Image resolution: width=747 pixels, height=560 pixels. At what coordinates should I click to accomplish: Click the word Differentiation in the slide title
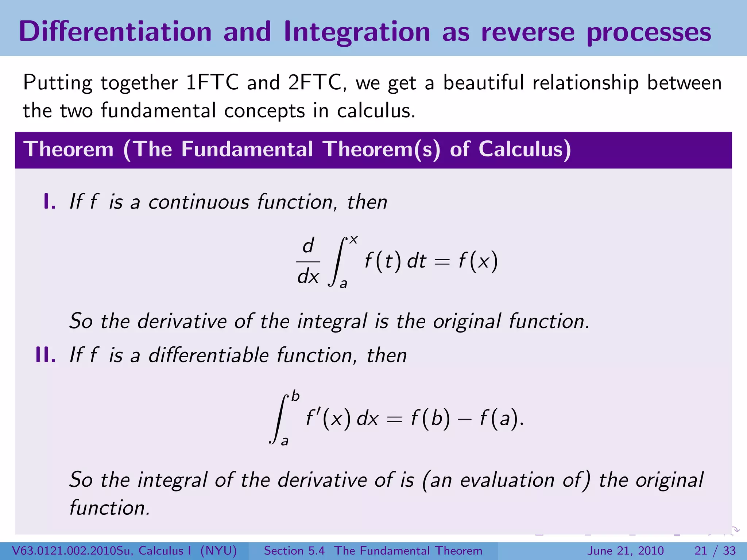tap(115, 32)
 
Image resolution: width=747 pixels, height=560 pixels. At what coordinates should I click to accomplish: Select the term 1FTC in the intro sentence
tap(212, 82)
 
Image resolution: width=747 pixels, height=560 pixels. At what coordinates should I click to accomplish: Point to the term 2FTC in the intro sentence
tap(314, 82)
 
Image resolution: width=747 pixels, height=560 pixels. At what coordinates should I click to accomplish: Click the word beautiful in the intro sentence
tap(483, 82)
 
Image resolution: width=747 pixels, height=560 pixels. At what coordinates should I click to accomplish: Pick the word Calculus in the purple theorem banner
tap(525, 149)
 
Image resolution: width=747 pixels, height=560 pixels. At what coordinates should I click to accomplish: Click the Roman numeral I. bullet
tap(49, 202)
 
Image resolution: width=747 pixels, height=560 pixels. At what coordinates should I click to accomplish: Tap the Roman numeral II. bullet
tap(46, 355)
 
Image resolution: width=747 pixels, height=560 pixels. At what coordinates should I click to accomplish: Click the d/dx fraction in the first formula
tap(308, 261)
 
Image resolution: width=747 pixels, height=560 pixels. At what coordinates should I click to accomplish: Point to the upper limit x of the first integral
tap(353, 240)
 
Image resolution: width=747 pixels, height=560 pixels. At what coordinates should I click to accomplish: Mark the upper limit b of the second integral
tap(295, 396)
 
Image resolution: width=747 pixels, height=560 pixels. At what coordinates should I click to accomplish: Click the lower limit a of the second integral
tap(285, 441)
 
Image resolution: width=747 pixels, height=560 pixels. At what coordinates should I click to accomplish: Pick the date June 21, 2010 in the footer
tap(625, 551)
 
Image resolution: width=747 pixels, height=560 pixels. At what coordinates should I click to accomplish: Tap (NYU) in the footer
tap(218, 551)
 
